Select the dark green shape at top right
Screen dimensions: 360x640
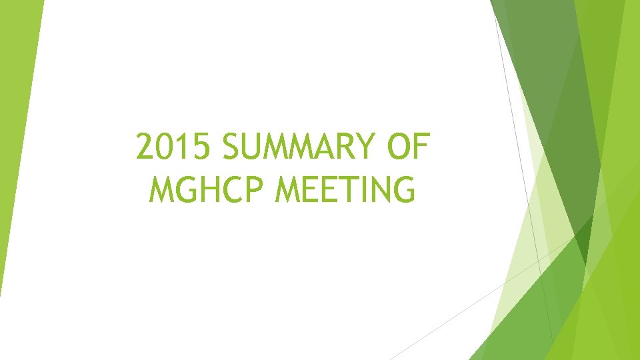pyautogui.click(x=553, y=100)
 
